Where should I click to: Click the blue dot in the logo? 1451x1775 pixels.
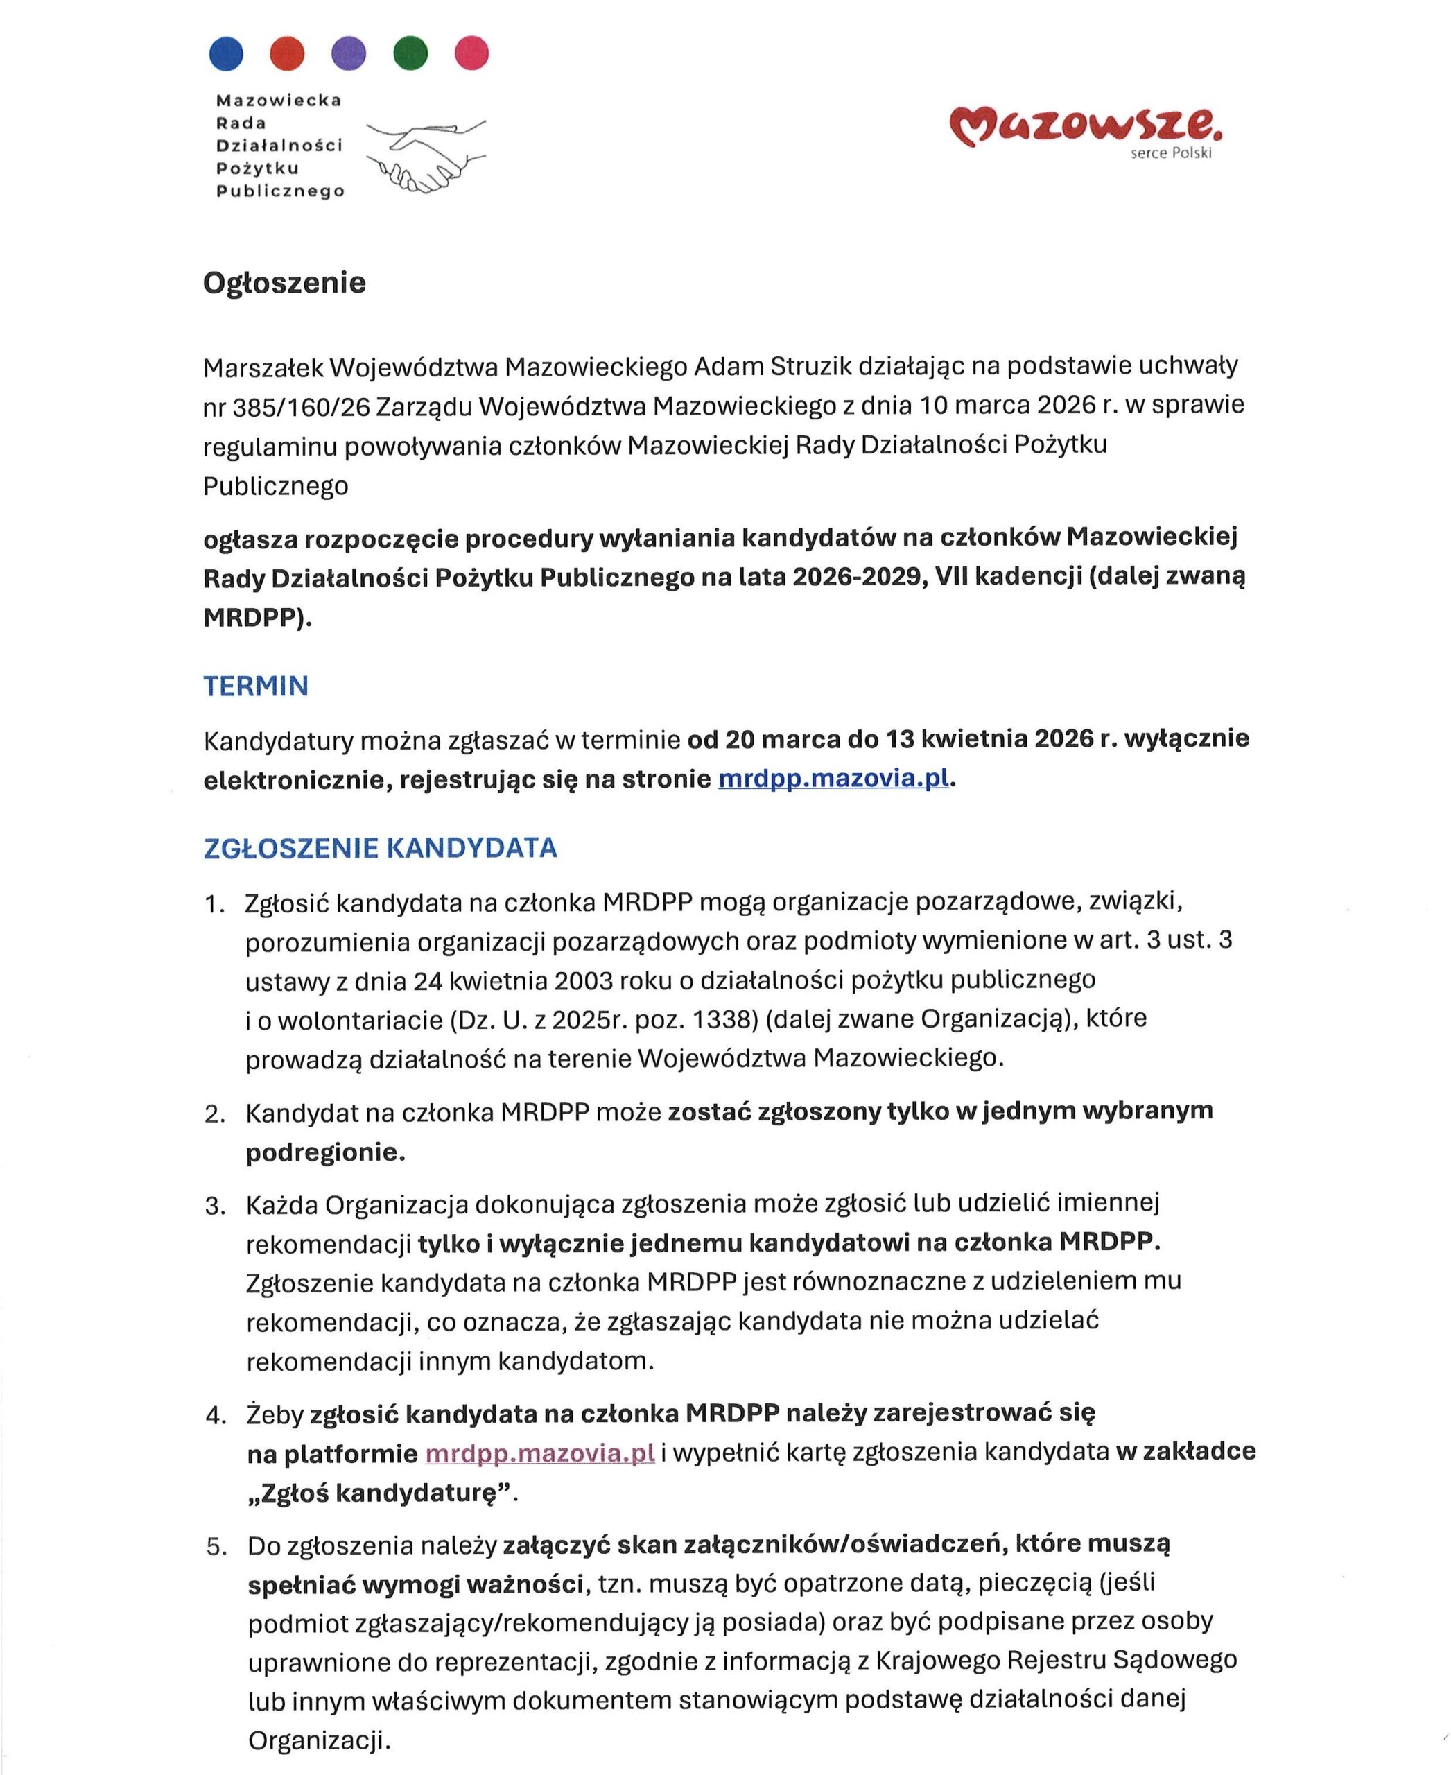tap(226, 53)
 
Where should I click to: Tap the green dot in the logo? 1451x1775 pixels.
tap(410, 53)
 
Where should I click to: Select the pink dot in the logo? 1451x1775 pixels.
tap(471, 53)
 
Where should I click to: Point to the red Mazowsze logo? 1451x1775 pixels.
tap(1085, 125)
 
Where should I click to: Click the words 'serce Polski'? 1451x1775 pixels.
tap(1170, 154)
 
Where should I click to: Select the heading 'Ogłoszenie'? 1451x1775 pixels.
tap(284, 283)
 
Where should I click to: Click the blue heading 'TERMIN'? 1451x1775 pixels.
tap(256, 686)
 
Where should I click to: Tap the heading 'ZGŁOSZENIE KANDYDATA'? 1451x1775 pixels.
tap(381, 848)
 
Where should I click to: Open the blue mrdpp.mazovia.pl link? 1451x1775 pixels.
tap(833, 779)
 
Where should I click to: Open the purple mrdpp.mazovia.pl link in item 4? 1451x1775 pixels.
tap(539, 1454)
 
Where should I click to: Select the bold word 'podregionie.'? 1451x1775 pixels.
tap(325, 1153)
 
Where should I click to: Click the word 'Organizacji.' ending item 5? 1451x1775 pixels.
tap(320, 1741)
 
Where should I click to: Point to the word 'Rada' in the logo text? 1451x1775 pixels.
tap(241, 123)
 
